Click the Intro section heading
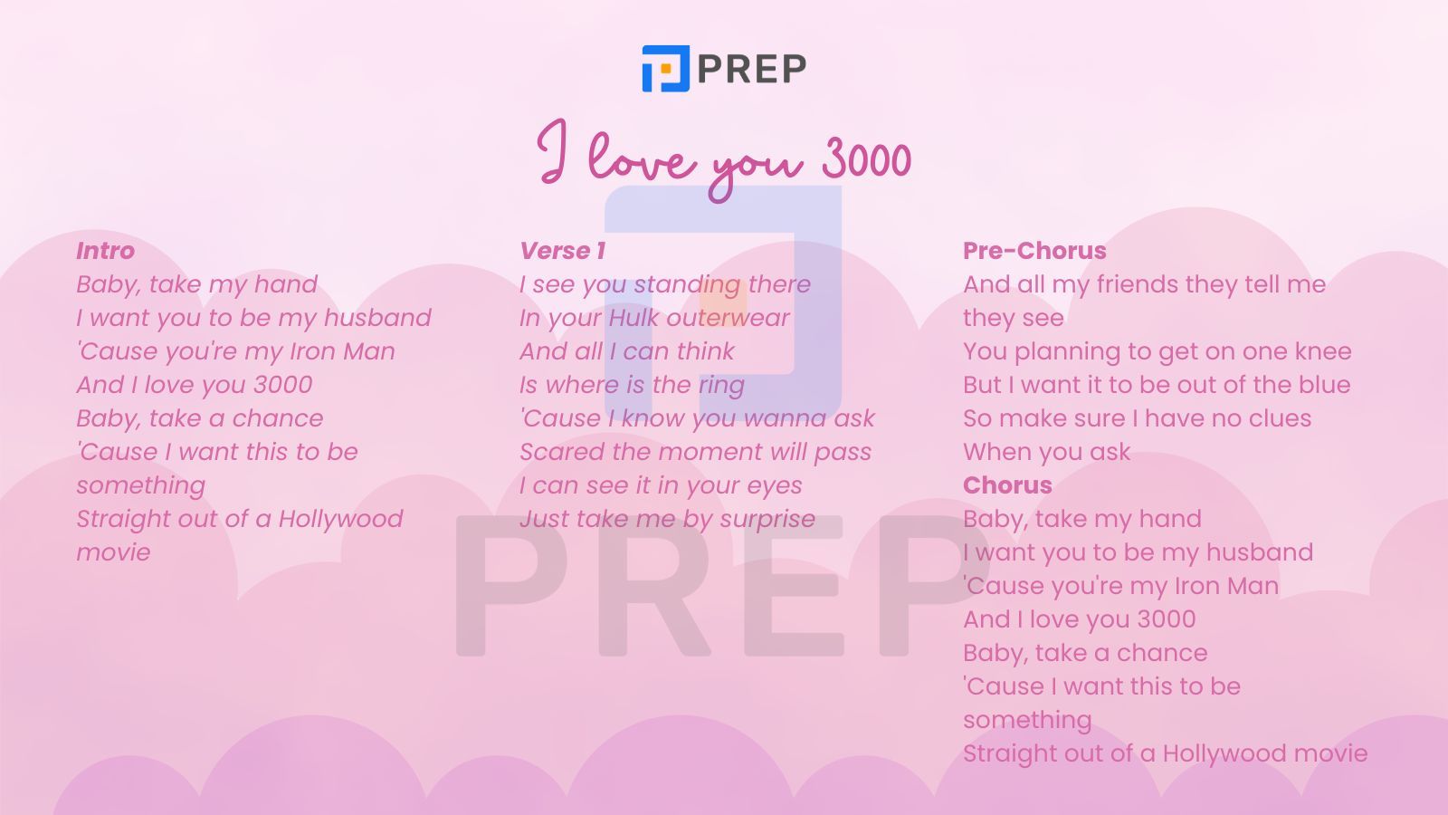[x=105, y=251]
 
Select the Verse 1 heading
[x=562, y=251]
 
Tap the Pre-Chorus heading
[x=1034, y=251]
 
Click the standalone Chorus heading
[x=1007, y=485]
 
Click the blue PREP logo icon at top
[x=666, y=69]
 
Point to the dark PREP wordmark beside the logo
[x=752, y=69]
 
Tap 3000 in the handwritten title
[x=866, y=158]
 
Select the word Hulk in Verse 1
[x=634, y=318]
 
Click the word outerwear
[x=728, y=318]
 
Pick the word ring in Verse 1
[x=721, y=386]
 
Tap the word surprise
[x=767, y=520]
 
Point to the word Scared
[x=562, y=452]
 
